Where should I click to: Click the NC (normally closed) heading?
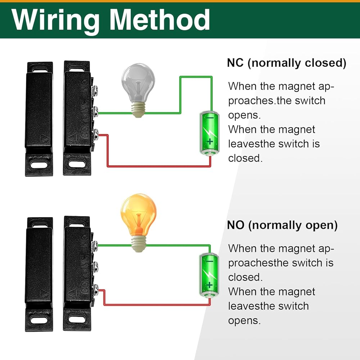coord(287,63)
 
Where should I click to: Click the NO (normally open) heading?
coord(282,225)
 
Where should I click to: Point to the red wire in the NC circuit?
coord(158,166)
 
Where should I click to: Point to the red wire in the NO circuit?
coord(158,305)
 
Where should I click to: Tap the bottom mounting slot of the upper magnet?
coord(39,165)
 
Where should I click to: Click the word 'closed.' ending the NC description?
coord(245,158)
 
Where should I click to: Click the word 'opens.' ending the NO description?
coord(244,320)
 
